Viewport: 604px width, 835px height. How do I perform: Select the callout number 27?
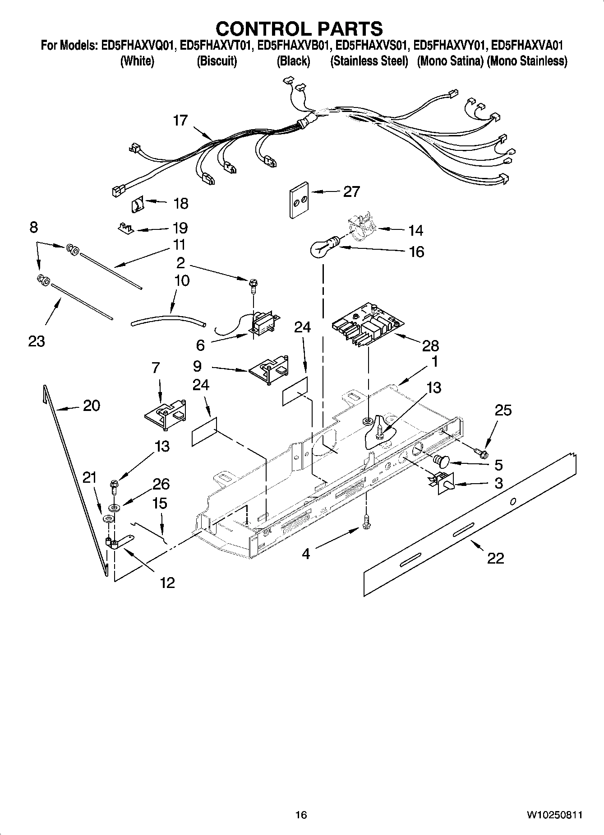(x=351, y=191)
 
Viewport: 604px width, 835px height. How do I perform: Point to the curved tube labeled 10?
(x=168, y=321)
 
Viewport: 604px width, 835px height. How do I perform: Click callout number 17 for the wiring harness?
(x=180, y=121)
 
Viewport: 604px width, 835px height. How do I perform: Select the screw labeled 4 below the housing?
(x=366, y=522)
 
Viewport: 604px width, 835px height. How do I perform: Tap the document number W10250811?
(x=553, y=815)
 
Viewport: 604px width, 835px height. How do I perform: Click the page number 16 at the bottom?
(x=301, y=815)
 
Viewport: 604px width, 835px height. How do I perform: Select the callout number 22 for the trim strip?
(x=495, y=558)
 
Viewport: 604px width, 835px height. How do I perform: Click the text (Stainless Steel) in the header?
(x=369, y=61)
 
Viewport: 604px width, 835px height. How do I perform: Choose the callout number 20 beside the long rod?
(x=92, y=406)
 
